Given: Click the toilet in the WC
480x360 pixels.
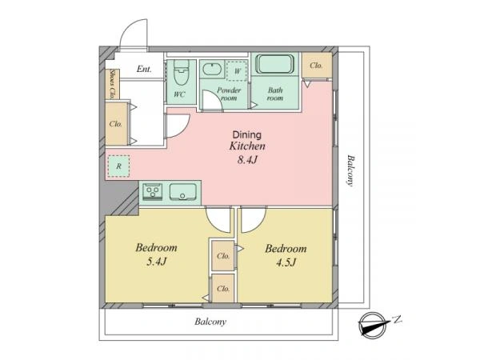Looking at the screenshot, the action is [x=182, y=73].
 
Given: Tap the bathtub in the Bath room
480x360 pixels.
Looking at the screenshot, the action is [x=275, y=64].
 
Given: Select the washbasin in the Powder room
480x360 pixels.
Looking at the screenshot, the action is [x=213, y=69].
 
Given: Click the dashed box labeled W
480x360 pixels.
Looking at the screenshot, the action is [x=237, y=70].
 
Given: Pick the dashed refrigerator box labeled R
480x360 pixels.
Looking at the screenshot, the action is [x=118, y=166].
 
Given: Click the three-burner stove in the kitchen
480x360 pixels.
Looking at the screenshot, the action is [x=153, y=192].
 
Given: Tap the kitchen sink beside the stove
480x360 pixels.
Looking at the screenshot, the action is [x=183, y=192].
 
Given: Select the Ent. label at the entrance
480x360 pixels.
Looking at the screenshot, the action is [x=144, y=69].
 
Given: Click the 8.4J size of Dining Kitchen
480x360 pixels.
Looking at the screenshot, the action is [x=247, y=159].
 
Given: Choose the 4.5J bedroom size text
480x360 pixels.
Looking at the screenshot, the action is [x=286, y=262].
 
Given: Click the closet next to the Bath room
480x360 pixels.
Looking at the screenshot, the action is [x=317, y=66].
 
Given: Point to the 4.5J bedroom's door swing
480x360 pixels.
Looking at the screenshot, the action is [x=253, y=220].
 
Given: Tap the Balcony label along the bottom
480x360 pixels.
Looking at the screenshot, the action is [x=210, y=322].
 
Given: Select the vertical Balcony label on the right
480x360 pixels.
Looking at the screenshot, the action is [x=350, y=170].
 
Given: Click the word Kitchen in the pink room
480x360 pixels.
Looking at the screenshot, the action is [x=247, y=146].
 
